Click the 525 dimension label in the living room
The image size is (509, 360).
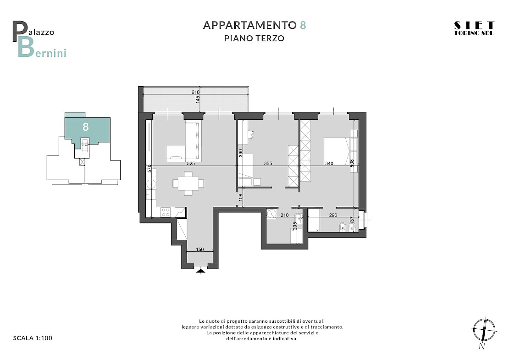point(191,164)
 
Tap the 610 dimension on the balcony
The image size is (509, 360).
point(195,93)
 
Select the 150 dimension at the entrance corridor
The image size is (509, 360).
point(200,249)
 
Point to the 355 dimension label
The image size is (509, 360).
point(268,164)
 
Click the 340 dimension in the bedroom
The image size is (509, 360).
point(329,164)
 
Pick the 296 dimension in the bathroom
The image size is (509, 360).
point(333,215)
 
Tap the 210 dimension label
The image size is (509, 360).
point(284,215)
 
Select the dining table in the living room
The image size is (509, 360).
point(188,183)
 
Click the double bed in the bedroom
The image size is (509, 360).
point(337,151)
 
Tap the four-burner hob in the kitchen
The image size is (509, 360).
point(166,212)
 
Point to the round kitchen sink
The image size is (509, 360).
point(151,185)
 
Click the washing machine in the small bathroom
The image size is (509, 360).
point(271,214)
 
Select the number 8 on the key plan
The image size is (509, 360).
point(86,127)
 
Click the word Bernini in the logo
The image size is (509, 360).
point(42,48)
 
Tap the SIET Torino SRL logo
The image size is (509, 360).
point(474,28)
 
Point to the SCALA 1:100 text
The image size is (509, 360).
point(33,338)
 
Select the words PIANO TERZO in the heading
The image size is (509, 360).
point(254,39)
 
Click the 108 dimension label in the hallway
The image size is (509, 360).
point(241,198)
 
